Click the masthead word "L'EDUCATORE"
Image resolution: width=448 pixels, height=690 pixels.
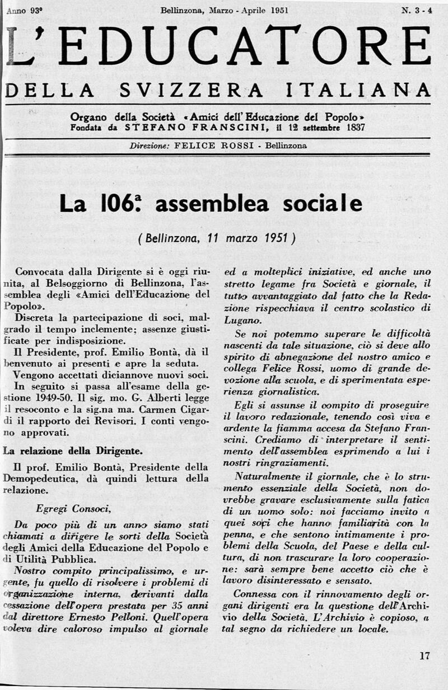click(218, 46)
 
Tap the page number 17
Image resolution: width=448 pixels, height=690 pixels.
click(424, 656)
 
